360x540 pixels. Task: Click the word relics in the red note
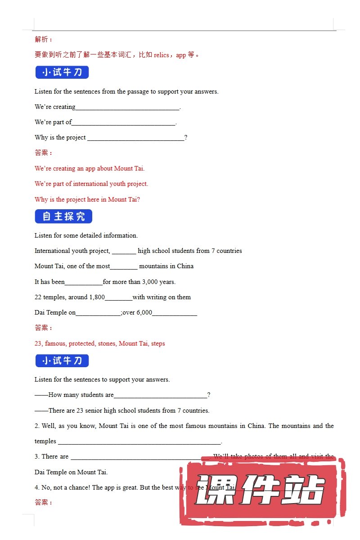(161, 55)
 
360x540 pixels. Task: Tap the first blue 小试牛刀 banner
(62, 72)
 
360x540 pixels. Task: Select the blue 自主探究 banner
(63, 216)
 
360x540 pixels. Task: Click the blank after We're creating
(127, 108)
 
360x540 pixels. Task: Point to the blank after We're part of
(123, 123)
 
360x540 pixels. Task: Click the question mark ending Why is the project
(186, 138)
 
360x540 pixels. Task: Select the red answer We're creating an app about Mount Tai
(90, 168)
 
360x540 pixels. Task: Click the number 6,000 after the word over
(144, 313)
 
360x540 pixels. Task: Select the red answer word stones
(108, 343)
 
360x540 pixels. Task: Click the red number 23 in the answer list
(38, 343)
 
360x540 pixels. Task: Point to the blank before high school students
(124, 251)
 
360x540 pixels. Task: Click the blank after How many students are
(160, 396)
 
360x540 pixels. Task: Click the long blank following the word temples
(139, 442)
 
